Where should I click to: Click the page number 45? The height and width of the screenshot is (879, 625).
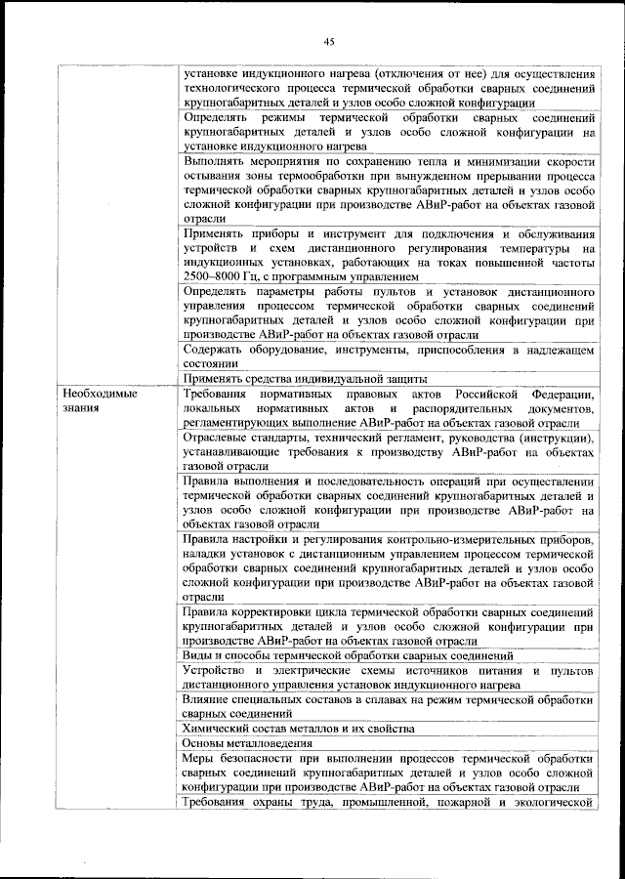pos(328,40)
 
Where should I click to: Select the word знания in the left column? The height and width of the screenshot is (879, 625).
pos(77,408)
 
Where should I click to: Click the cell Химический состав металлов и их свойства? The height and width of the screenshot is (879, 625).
pos(299,728)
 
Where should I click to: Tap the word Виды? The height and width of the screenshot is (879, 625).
pos(198,655)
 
